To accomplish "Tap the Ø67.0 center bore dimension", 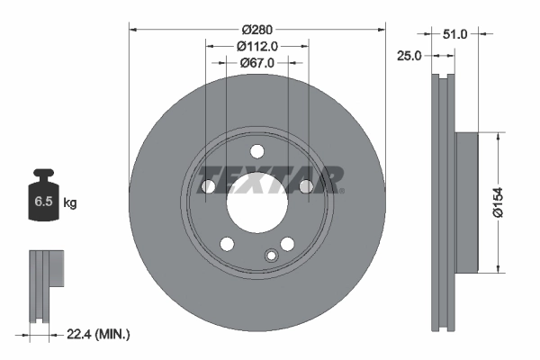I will tap(256, 62).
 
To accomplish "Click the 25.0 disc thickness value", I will tap(409, 56).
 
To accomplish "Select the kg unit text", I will tap(69, 203).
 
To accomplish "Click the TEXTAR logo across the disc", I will tap(269, 179).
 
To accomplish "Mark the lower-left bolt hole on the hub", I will tap(227, 244).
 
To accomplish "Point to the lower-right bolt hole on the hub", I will tap(287, 244).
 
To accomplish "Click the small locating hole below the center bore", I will tap(270, 256).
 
